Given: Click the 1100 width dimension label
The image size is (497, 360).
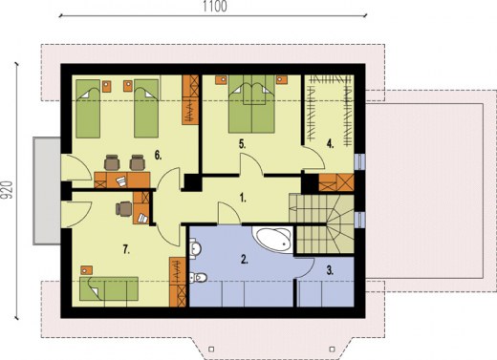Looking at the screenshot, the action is coord(215,7).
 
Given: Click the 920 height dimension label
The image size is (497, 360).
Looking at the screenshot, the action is coord(6,190).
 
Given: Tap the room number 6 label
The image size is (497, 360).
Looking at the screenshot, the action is coord(158,156).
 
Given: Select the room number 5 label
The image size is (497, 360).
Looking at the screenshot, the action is coord(243,144).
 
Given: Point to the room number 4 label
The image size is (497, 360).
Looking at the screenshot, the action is coord(330,144).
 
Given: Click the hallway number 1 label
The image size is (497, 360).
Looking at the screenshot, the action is coord(243,199).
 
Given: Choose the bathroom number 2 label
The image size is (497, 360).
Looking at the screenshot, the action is coord(244,260).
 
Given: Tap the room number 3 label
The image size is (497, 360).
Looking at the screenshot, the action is coord(330,270).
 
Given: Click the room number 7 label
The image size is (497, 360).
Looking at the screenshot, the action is coord(126,250).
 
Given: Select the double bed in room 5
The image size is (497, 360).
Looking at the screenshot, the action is coord(251,104).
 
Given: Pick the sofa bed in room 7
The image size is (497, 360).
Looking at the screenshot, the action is coord(109,288).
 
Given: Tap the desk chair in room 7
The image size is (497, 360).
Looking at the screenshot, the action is coord(124,209).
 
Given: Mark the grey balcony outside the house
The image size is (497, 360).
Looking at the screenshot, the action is coord(47,191).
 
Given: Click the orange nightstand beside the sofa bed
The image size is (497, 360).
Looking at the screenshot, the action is coord(86,270).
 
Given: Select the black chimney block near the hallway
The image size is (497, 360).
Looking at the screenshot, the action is coord(192,183).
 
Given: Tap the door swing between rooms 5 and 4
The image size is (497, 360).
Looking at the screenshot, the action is coord(313,158).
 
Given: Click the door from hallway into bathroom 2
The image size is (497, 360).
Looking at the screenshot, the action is coord(228,213).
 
